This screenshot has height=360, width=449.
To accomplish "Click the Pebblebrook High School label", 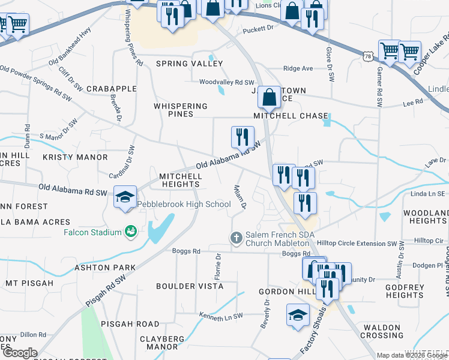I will click(x=184, y=204).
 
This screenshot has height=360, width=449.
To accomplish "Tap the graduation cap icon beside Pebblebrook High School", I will click(x=125, y=197).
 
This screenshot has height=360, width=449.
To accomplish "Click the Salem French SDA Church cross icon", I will click(x=236, y=238).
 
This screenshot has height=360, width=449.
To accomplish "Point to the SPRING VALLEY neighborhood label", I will click(x=180, y=64).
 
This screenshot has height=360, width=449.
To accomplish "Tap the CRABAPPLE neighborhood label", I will click(x=112, y=89).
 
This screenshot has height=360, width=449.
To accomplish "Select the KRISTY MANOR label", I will click(x=75, y=157).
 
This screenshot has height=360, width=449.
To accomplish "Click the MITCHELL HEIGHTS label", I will click(x=180, y=180).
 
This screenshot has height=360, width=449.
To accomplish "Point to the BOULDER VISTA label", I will click(x=190, y=286).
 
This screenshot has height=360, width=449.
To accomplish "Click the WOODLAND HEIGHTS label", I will click(x=425, y=217).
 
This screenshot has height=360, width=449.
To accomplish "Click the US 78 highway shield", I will click(x=367, y=56).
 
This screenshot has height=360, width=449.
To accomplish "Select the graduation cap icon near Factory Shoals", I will click(x=298, y=316).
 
